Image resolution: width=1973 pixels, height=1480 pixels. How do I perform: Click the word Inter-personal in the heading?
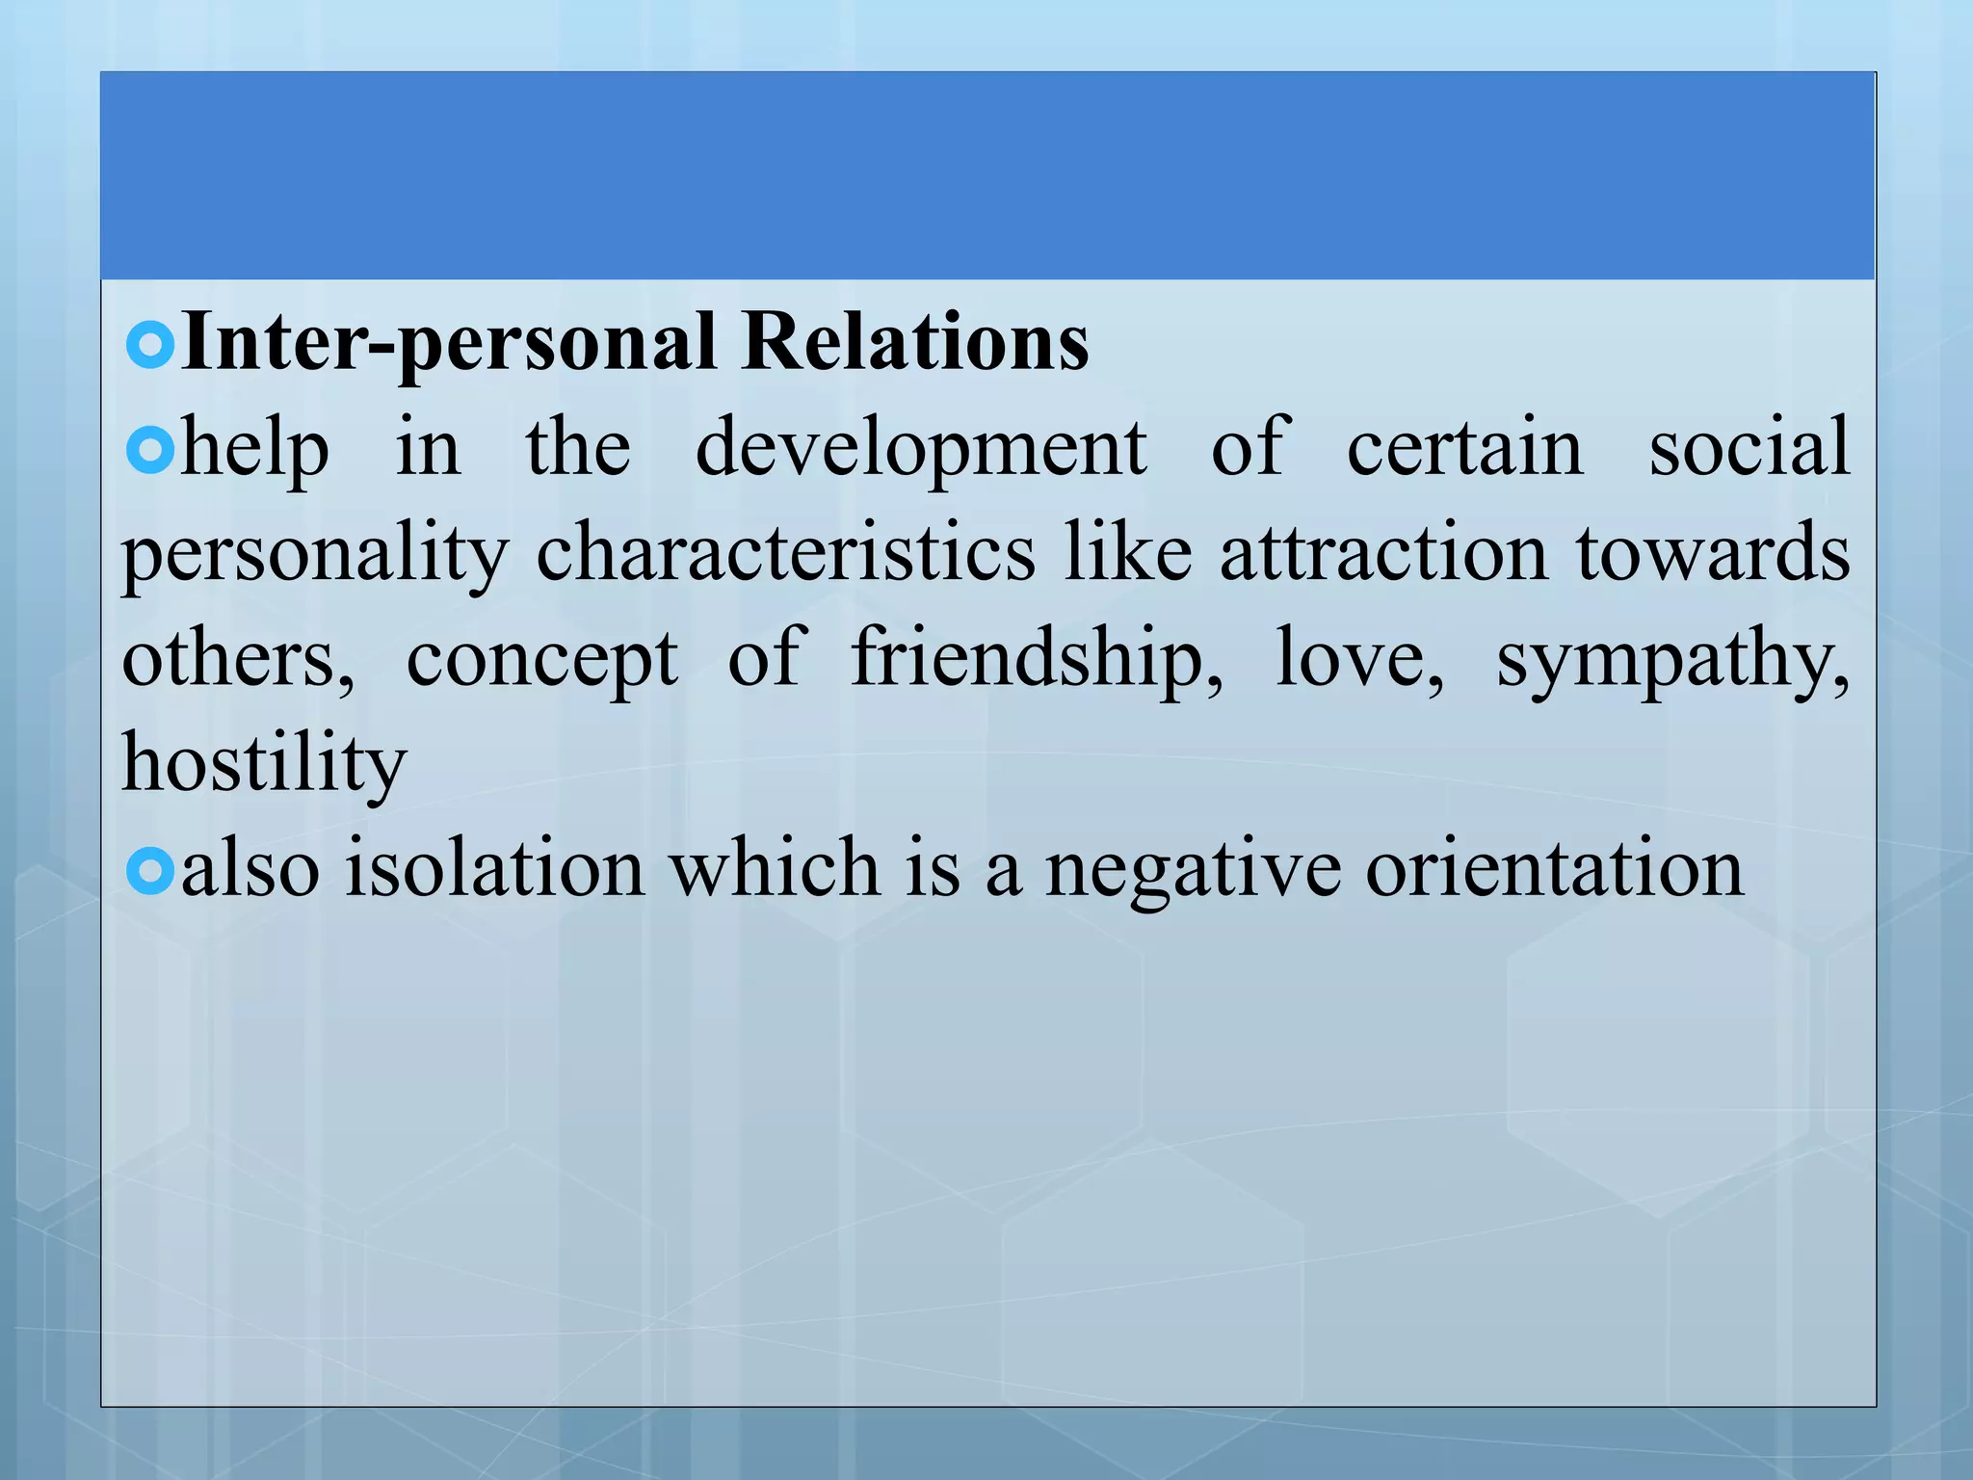click(449, 344)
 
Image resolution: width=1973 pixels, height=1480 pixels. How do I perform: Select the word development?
click(921, 449)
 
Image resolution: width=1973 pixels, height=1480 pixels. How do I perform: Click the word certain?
click(1464, 449)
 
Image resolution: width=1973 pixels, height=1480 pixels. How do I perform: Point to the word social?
click(1749, 449)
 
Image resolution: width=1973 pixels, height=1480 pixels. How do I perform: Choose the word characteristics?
click(785, 553)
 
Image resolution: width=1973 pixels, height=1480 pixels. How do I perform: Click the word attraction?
click(1383, 555)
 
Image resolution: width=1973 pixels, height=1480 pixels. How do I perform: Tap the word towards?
click(1713, 553)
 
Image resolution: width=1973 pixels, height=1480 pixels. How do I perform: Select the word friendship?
click(1037, 661)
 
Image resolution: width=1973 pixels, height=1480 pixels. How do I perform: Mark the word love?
click(1358, 659)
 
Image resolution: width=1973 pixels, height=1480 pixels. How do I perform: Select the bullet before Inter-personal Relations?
click(150, 345)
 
